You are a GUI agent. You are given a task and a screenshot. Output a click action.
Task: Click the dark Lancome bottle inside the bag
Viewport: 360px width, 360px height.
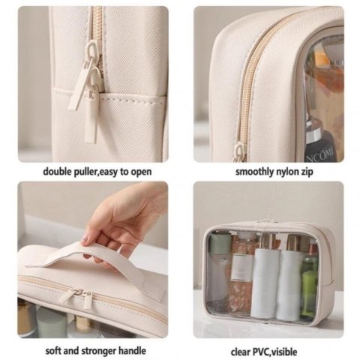pyautogui.click(x=321, y=142)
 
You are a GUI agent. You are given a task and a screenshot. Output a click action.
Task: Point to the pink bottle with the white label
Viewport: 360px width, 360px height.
pyautogui.click(x=244, y=262)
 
